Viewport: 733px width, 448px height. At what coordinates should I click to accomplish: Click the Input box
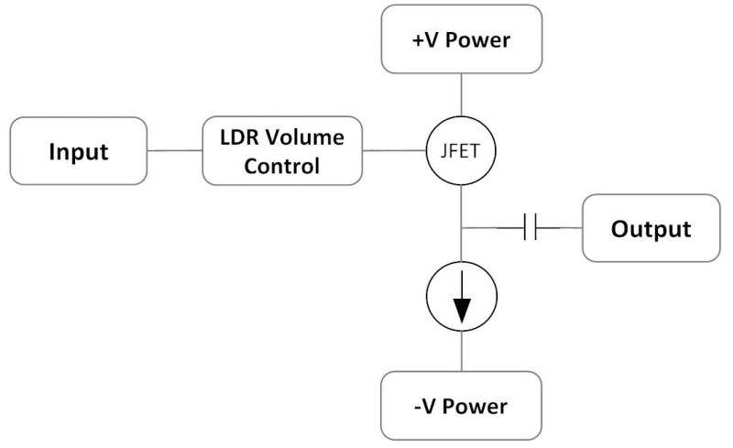tap(78, 150)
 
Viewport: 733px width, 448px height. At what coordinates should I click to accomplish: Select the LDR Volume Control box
tap(281, 151)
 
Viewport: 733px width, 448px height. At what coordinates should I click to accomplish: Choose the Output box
tap(651, 227)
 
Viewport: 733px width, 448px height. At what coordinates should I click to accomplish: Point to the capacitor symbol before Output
tap(529, 227)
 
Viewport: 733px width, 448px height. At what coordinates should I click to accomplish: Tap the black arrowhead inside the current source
tap(462, 311)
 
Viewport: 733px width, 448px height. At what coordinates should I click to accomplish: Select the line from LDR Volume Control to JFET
tap(395, 150)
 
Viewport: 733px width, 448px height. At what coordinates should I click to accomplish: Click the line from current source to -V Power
tap(462, 353)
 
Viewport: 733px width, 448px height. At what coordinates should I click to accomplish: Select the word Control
tap(282, 166)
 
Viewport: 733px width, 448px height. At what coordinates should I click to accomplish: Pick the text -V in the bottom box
tap(425, 406)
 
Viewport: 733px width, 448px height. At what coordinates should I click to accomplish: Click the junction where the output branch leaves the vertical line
tap(462, 227)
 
